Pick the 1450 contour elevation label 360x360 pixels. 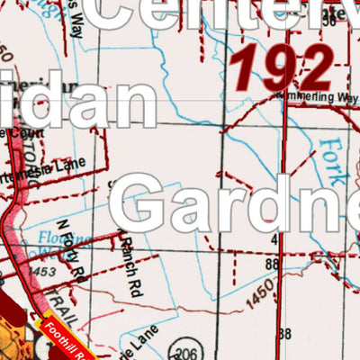point(260,292)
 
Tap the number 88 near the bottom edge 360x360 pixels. point(285,335)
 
